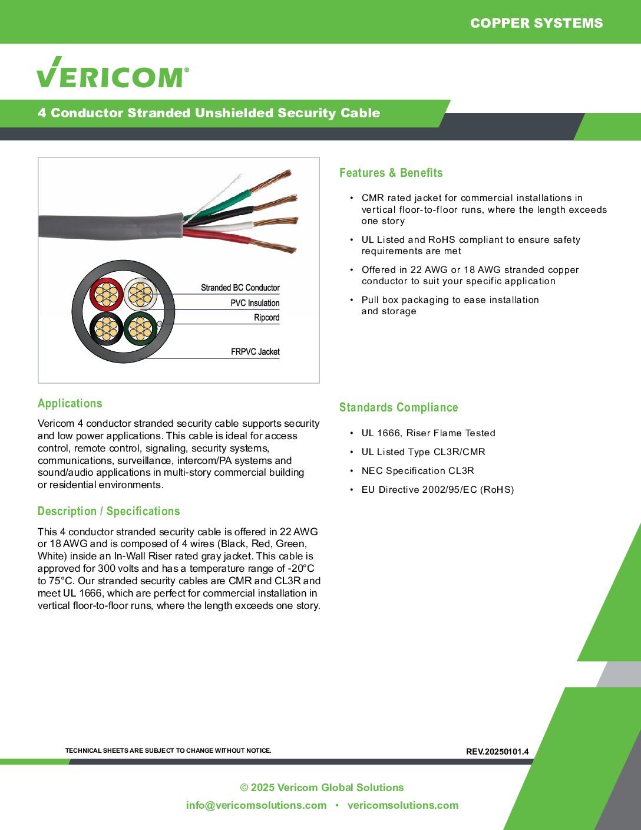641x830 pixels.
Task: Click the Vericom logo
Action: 113,73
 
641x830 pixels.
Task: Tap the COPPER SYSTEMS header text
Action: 536,23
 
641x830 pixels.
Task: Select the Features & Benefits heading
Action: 391,173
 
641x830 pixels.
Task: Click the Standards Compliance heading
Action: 398,407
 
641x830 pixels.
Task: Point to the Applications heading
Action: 70,403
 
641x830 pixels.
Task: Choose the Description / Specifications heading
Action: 108,511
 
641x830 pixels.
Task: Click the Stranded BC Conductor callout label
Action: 240,288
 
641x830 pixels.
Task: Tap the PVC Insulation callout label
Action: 255,303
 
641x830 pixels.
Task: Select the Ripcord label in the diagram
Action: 266,318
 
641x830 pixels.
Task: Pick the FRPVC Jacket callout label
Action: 255,352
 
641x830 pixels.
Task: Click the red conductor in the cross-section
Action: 107,294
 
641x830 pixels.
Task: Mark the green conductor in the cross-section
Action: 140,329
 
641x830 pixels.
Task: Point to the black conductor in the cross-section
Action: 107,329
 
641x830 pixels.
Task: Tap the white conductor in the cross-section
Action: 140,294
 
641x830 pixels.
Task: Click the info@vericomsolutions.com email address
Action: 256,805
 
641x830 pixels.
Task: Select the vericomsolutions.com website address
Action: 402,805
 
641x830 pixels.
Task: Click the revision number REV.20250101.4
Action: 497,752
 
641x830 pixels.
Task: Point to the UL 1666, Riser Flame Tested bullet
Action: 428,433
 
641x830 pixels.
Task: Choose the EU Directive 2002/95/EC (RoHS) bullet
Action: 437,490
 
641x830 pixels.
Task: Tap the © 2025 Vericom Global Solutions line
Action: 322,788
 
